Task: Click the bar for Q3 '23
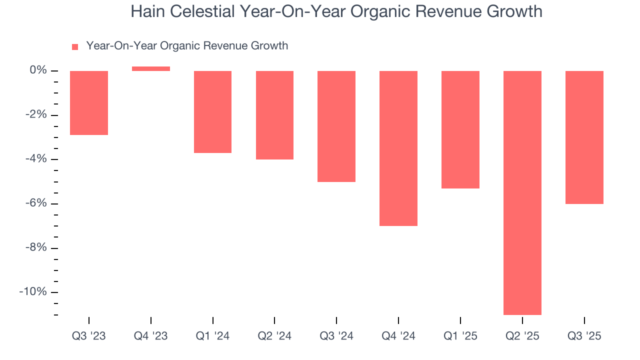pos(89,103)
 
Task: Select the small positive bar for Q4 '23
pos(151,69)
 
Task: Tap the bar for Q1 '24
pos(213,112)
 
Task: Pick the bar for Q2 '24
pos(274,115)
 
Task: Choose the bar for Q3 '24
pos(336,126)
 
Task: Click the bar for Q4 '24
pos(398,148)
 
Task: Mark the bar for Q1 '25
pos(460,129)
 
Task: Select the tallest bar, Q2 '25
pos(522,192)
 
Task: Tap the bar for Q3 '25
pos(584,137)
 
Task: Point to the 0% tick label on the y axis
pos(38,70)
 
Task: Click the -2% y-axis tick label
pos(36,115)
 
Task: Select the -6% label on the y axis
pos(36,203)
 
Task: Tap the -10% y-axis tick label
pos(33,292)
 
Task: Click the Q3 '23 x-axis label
pos(89,336)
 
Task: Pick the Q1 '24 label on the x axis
pos(213,336)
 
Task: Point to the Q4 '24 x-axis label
pos(398,336)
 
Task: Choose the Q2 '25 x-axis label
pos(522,336)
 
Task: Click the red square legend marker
pos(75,47)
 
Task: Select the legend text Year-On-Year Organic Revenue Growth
pos(187,46)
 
